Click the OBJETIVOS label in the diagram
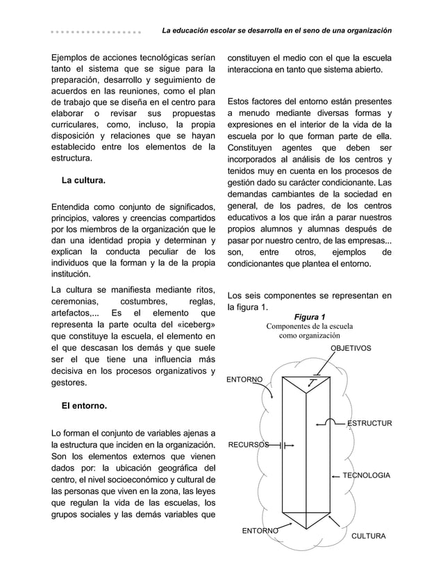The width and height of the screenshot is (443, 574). pyautogui.click(x=350, y=347)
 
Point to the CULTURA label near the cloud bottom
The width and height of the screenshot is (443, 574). pyautogui.click(x=368, y=536)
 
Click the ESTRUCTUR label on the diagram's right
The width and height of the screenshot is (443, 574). pyautogui.click(x=369, y=423)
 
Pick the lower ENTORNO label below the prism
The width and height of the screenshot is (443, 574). pyautogui.click(x=260, y=531)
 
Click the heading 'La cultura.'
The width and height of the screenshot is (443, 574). pyautogui.click(x=83, y=181)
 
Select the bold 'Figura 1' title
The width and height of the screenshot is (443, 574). pyautogui.click(x=310, y=318)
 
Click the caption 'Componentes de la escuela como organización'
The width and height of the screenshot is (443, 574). pyautogui.click(x=310, y=331)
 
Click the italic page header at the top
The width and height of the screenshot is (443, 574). pyautogui.click(x=276, y=31)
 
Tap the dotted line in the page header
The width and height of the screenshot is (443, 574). pyautogui.click(x=96, y=32)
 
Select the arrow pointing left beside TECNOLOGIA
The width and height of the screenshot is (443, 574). pyautogui.click(x=336, y=476)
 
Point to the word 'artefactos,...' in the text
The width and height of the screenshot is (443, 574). pyautogui.click(x=75, y=312)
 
